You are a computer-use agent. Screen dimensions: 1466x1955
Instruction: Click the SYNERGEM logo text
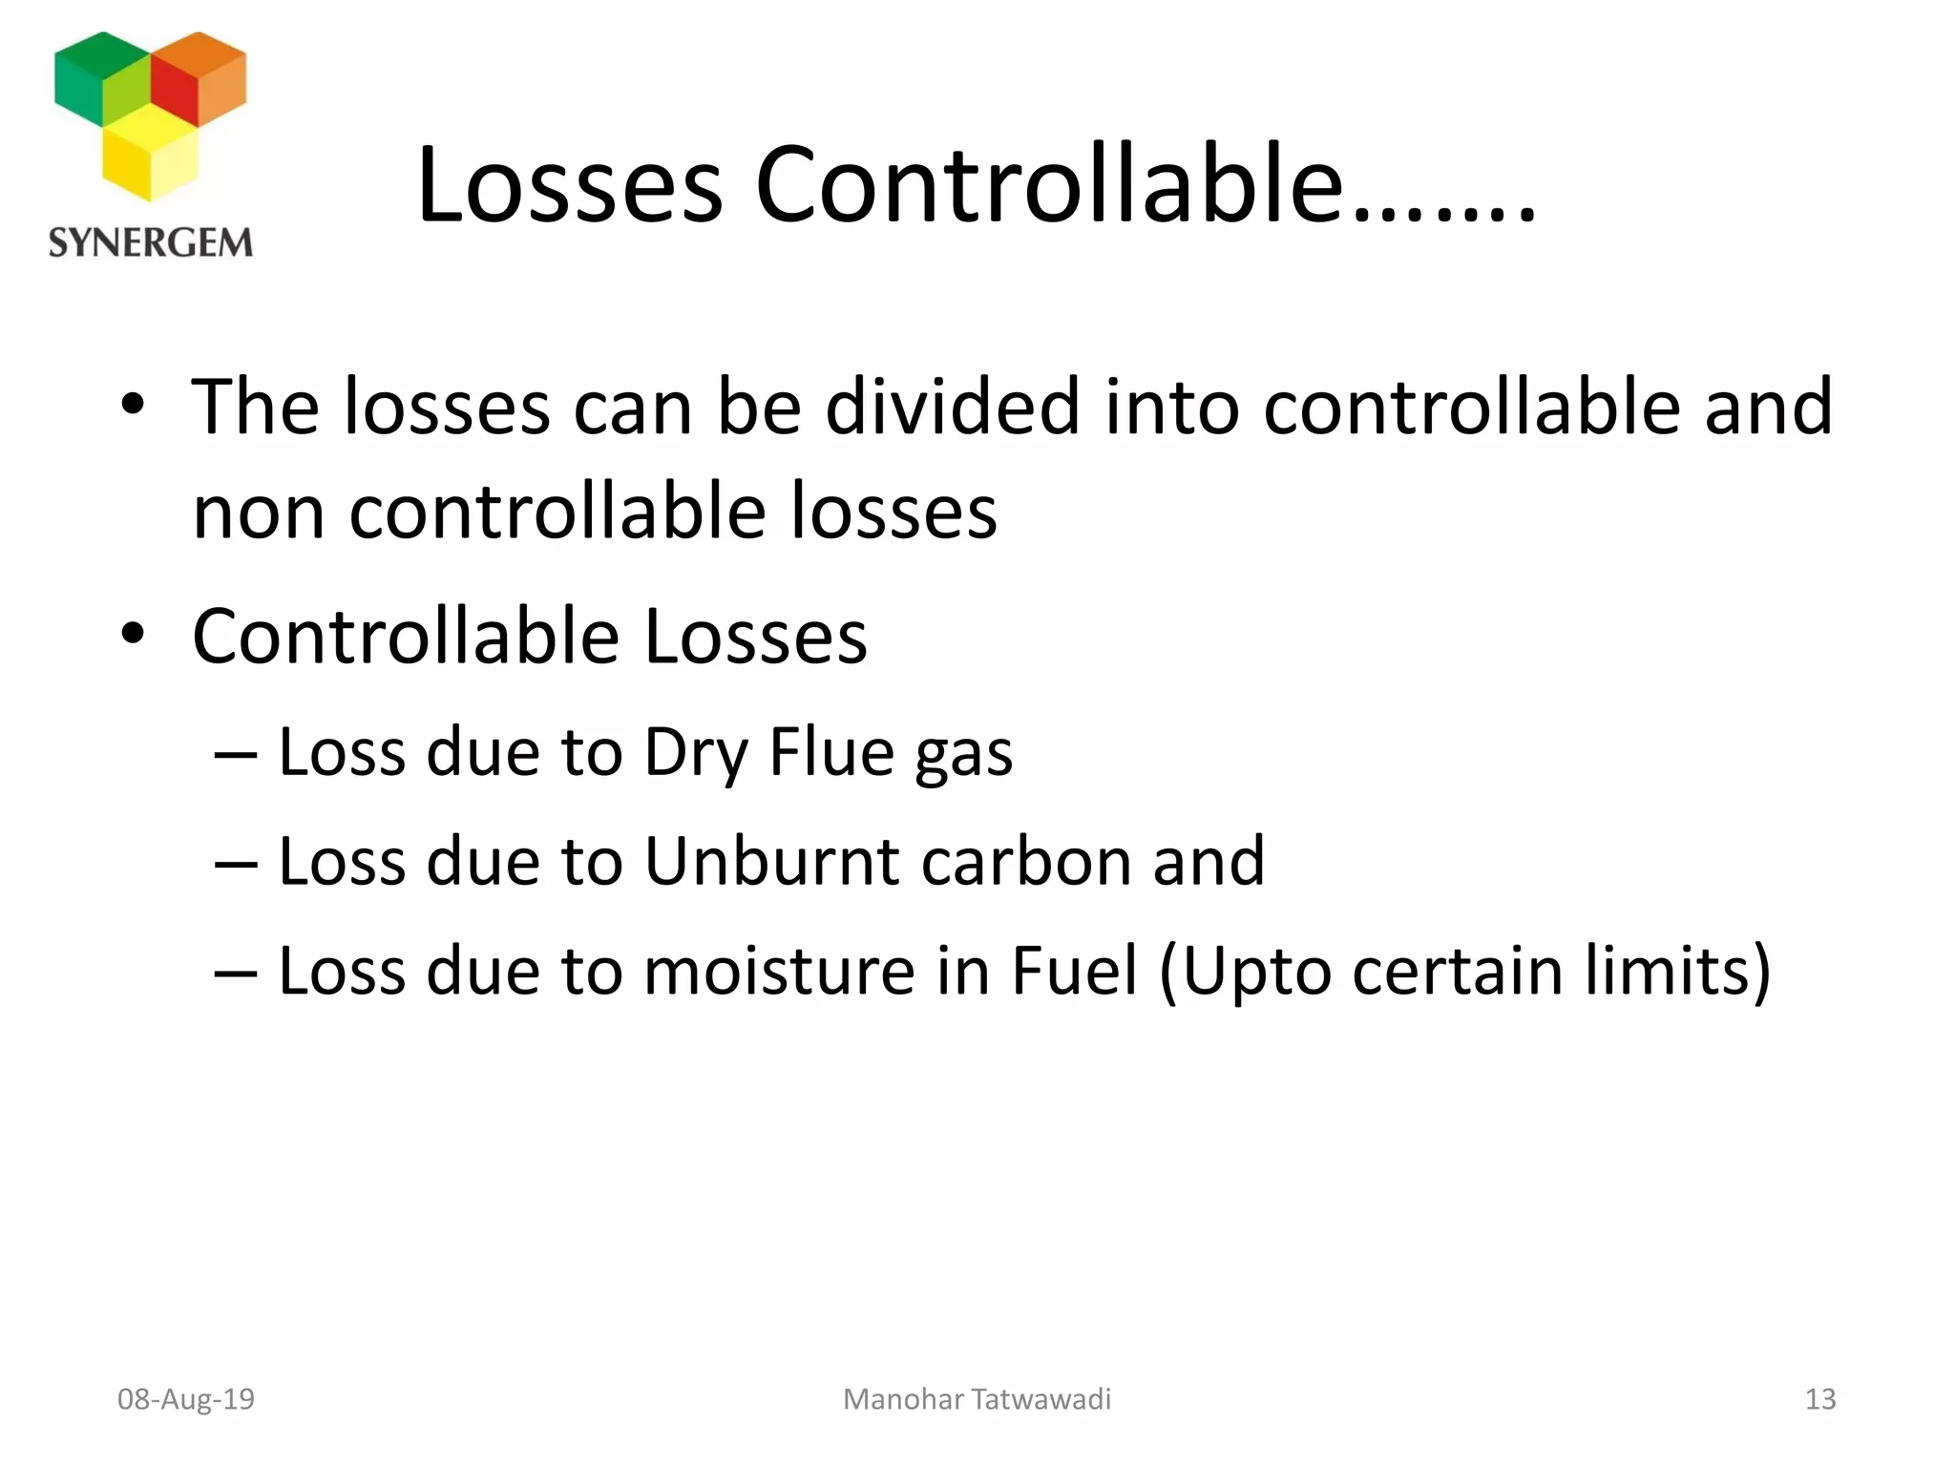(x=151, y=242)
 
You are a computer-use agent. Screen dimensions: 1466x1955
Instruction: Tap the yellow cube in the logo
(x=150, y=154)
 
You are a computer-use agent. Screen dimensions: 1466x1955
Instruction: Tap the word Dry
(x=695, y=754)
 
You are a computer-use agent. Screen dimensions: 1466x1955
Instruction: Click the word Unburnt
(x=771, y=861)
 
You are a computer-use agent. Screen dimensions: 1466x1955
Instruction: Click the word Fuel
(x=1074, y=971)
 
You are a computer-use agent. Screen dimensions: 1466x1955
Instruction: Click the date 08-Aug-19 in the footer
(x=186, y=1399)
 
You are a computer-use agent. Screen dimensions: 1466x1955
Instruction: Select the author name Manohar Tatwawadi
(x=977, y=1399)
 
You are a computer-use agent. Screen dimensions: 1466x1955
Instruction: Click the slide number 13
(x=1819, y=1399)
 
